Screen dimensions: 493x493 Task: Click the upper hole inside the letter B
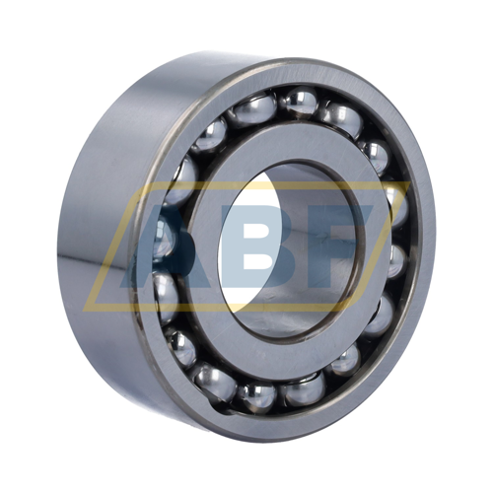click(x=254, y=229)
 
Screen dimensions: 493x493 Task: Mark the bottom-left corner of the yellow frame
click(x=83, y=311)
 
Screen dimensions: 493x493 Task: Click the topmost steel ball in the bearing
click(x=300, y=102)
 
